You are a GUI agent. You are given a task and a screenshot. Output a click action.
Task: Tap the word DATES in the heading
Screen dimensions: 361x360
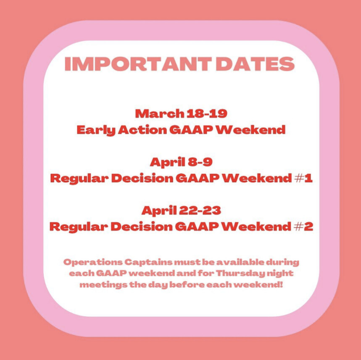pyautogui.click(x=255, y=64)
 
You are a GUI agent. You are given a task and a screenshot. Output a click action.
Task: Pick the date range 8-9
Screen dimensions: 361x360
pyautogui.click(x=200, y=162)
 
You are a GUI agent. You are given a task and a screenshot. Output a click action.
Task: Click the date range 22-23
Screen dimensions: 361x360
pyautogui.click(x=200, y=210)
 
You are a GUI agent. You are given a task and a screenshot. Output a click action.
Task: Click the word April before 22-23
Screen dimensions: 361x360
pyautogui.click(x=159, y=211)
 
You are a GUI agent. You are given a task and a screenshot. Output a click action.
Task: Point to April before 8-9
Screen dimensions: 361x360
pyautogui.click(x=168, y=162)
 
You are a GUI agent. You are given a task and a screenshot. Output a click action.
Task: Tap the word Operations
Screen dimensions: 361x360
pyautogui.click(x=93, y=262)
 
